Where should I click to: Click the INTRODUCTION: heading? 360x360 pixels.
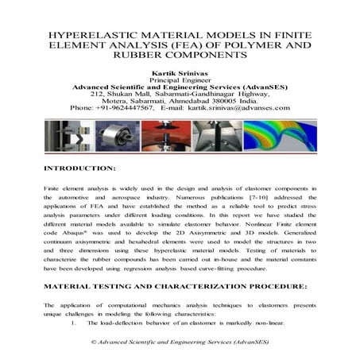[80, 169]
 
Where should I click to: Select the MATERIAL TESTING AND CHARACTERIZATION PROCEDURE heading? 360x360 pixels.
[174, 285]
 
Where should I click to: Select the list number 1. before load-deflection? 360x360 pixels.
[74, 324]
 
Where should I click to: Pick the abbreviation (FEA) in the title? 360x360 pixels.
[172, 46]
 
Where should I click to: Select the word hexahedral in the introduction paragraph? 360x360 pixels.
[167, 246]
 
